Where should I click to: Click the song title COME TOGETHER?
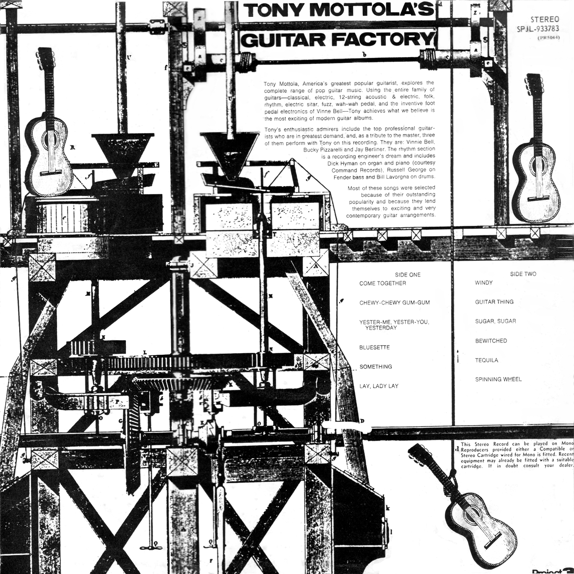pyautogui.click(x=382, y=284)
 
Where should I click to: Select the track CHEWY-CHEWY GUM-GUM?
pyautogui.click(x=394, y=303)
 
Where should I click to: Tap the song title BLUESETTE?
pyautogui.click(x=374, y=347)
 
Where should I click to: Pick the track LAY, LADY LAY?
pyautogui.click(x=378, y=386)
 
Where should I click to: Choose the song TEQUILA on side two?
pyautogui.click(x=486, y=360)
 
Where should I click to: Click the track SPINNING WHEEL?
pyautogui.click(x=498, y=380)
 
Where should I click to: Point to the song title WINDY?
pyautogui.click(x=484, y=283)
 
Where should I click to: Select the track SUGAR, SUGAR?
pyautogui.click(x=495, y=321)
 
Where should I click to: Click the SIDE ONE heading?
pyautogui.click(x=408, y=275)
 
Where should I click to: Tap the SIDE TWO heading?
pyautogui.click(x=523, y=274)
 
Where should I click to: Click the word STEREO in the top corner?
pyautogui.click(x=545, y=19)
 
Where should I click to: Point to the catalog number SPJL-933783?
pyautogui.click(x=538, y=29)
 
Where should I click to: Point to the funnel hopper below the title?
pyautogui.click(x=228, y=153)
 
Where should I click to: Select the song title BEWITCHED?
pyautogui.click(x=491, y=341)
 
